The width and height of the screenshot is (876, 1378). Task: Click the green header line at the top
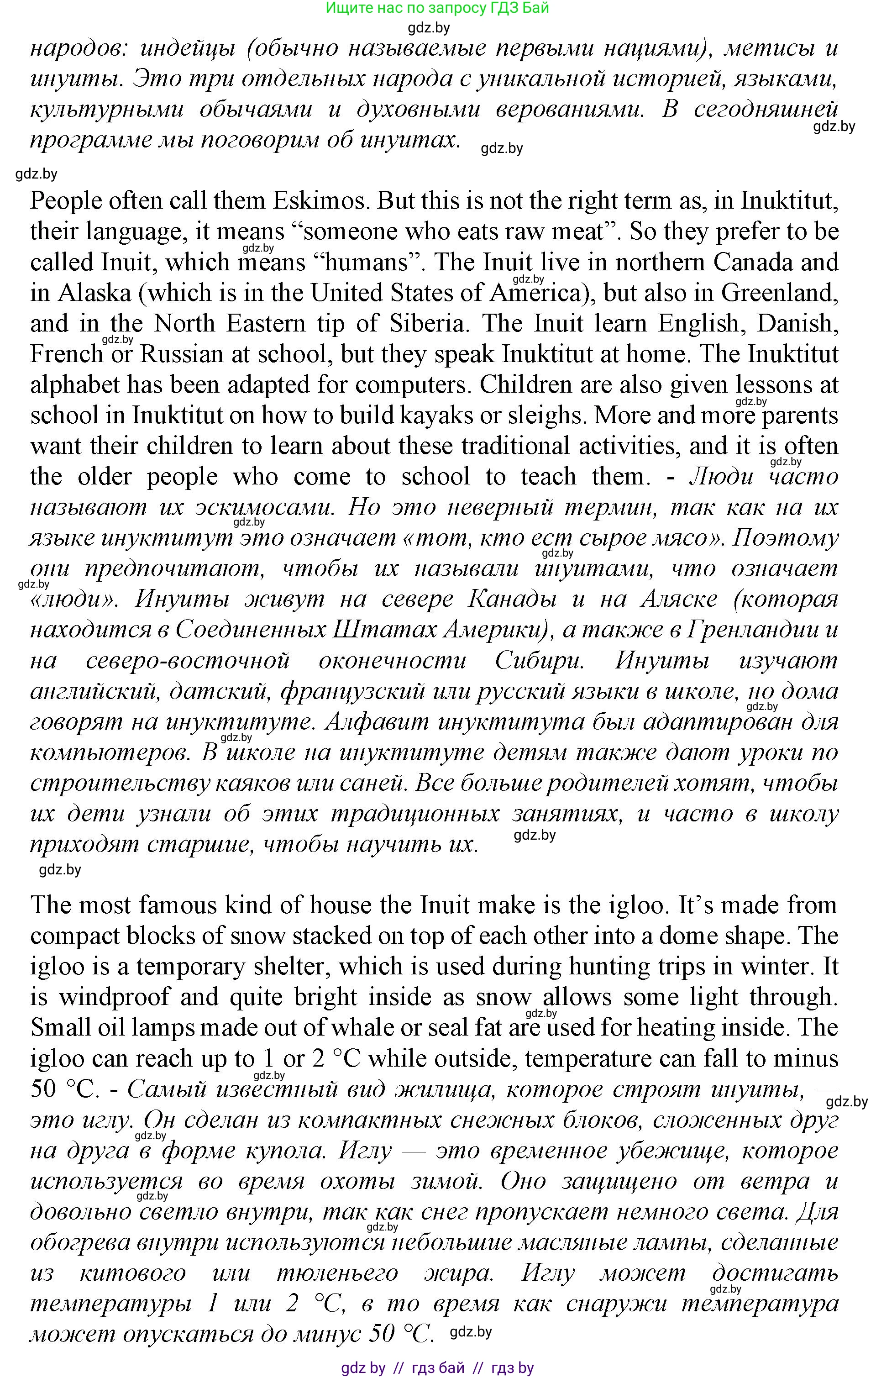click(437, 8)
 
